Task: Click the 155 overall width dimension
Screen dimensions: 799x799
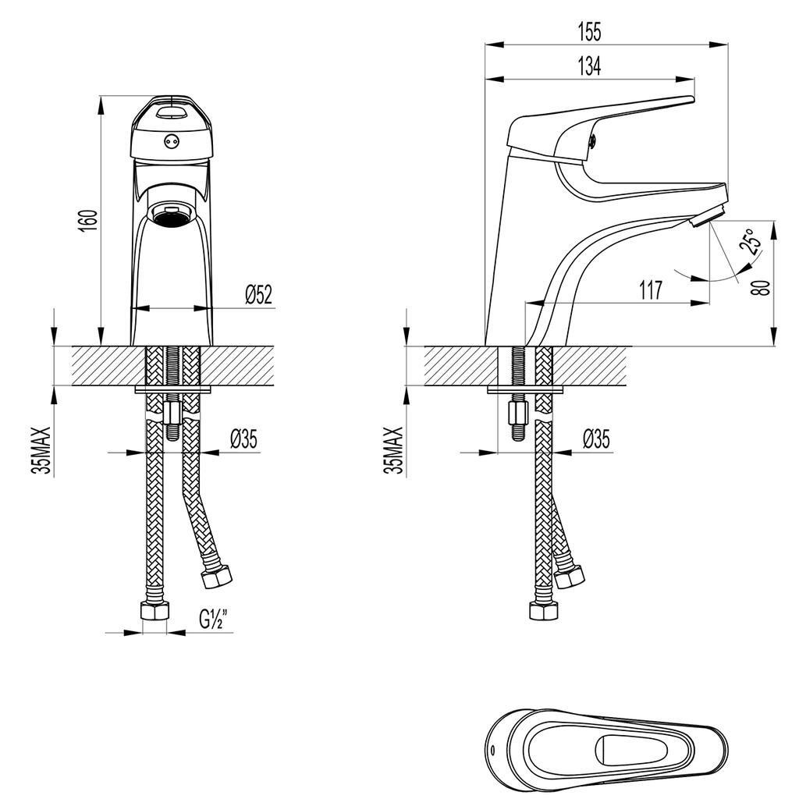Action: pos(589,32)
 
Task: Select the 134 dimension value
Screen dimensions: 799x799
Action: pos(589,67)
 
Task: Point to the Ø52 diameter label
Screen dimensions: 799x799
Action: pos(257,295)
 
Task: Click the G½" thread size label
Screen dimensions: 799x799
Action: pos(212,620)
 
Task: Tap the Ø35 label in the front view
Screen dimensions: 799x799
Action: pos(243,439)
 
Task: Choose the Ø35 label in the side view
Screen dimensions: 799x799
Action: pos(596,439)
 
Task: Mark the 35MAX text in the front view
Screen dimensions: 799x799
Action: pos(43,450)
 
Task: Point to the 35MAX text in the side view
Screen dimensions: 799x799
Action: pos(396,450)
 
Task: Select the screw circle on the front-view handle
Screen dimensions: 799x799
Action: pos(171,142)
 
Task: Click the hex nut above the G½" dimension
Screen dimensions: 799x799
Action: pos(154,611)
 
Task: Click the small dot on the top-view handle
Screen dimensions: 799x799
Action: pos(492,748)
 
